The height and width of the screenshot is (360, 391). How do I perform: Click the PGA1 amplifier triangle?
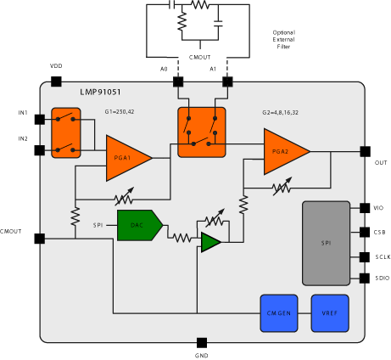[x=126, y=158]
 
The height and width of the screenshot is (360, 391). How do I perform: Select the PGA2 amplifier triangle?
[x=283, y=151]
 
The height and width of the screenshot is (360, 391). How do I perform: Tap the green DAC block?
[x=137, y=225]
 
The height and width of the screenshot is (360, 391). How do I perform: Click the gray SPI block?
[x=326, y=244]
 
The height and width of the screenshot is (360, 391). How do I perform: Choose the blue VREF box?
[x=329, y=312]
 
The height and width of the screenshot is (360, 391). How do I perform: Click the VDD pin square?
[x=56, y=82]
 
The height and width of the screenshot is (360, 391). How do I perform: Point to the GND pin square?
[x=201, y=342]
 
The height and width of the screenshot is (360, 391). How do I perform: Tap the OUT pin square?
[x=365, y=151]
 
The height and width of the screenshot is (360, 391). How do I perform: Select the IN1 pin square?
[x=40, y=119]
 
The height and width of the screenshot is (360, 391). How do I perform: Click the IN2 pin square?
[x=40, y=150]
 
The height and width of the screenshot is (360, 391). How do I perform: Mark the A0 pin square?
[x=178, y=82]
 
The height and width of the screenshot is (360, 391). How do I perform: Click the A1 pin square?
[x=226, y=82]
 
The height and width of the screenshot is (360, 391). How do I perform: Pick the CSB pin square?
[x=365, y=231]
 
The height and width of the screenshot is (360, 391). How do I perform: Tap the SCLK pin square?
[x=365, y=256]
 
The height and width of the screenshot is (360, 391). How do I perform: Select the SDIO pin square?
[x=365, y=278]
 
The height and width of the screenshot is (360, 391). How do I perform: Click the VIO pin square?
[x=365, y=207]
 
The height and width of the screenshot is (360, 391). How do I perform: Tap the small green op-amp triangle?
[x=209, y=244]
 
